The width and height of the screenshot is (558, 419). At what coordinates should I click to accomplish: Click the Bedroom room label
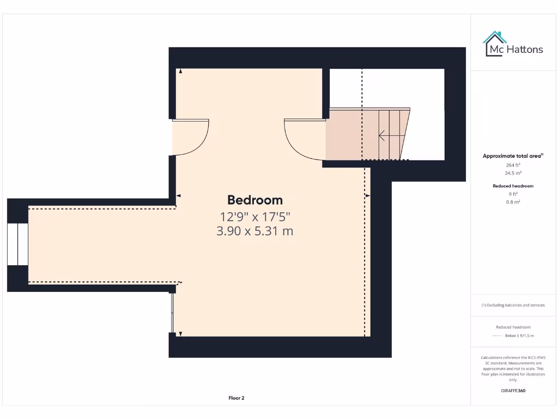pos(255,200)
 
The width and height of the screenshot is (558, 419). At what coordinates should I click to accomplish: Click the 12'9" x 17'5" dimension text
pos(255,216)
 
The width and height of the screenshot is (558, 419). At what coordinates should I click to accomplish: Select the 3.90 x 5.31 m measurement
pos(255,231)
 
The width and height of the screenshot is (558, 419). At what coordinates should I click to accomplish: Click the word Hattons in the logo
pos(525,49)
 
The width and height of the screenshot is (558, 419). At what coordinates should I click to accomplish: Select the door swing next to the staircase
pos(304,139)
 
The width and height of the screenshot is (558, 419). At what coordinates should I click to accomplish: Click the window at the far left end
pos(17,244)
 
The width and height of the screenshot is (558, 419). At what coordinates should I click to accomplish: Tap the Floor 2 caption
pos(236,398)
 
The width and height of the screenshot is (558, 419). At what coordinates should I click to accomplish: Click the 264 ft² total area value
pos(513,165)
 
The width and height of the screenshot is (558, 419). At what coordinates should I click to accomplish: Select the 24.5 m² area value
pos(513,173)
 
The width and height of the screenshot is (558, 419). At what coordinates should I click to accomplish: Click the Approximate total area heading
pos(513,156)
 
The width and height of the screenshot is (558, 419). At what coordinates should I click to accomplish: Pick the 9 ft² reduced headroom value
pos(513,194)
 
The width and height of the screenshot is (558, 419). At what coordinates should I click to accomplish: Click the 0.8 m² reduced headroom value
pos(513,202)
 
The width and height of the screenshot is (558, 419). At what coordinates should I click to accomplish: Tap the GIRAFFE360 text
pos(513,391)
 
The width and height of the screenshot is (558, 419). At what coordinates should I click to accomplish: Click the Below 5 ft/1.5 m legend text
pos(519,336)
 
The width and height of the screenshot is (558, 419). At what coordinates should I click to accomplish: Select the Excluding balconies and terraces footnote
pos(513,305)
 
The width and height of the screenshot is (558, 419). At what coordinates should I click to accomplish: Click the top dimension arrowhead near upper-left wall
pos(180,71)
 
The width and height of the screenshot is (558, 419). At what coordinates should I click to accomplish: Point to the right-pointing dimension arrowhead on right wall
pos(367,195)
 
